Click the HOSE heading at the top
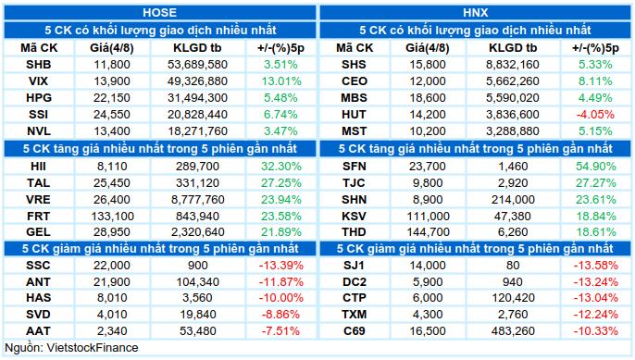pos(159,13)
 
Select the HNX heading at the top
pos(475,13)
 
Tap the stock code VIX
pos(39,81)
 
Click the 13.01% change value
pos(281,81)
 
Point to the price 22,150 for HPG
pos(112,97)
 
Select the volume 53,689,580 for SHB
pos(198,65)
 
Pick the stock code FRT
pos(39,216)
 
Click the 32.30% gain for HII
pos(281,166)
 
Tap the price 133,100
pos(112,216)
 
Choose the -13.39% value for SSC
pos(281,266)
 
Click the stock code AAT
pos(39,330)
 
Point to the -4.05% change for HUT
pos(595,115)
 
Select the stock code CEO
pos(355,81)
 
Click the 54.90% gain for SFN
pos(596,166)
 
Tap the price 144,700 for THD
pos(428,232)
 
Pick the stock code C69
pos(355,330)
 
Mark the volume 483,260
pos(513,330)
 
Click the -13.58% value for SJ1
pos(596,266)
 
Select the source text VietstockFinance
pos(93,347)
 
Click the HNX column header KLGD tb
pos(513,48)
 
